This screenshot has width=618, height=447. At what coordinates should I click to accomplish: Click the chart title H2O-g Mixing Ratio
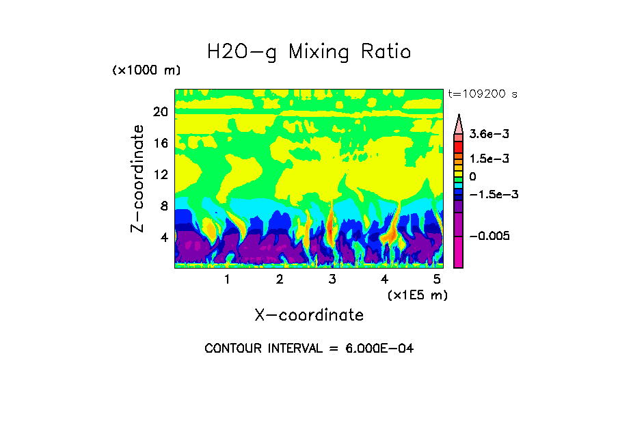(x=309, y=52)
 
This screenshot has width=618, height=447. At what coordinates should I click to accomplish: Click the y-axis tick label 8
(x=163, y=206)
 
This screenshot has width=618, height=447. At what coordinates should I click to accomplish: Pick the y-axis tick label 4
(x=163, y=237)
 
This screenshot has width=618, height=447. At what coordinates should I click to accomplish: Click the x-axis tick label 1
(x=227, y=280)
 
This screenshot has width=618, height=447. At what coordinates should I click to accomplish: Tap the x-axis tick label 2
(x=280, y=280)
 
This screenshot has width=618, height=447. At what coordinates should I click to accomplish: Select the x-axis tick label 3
(x=332, y=280)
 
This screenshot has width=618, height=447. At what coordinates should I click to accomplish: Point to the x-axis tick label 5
(x=437, y=280)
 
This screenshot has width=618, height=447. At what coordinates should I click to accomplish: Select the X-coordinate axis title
(x=309, y=315)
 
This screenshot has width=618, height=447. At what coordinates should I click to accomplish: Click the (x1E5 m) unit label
(x=417, y=295)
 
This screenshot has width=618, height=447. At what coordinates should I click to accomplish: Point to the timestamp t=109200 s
(x=482, y=94)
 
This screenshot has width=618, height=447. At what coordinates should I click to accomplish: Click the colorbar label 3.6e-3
(x=485, y=136)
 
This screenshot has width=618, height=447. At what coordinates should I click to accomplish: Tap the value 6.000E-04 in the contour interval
(x=378, y=349)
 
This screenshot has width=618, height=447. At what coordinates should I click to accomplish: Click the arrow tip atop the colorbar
(x=459, y=116)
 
